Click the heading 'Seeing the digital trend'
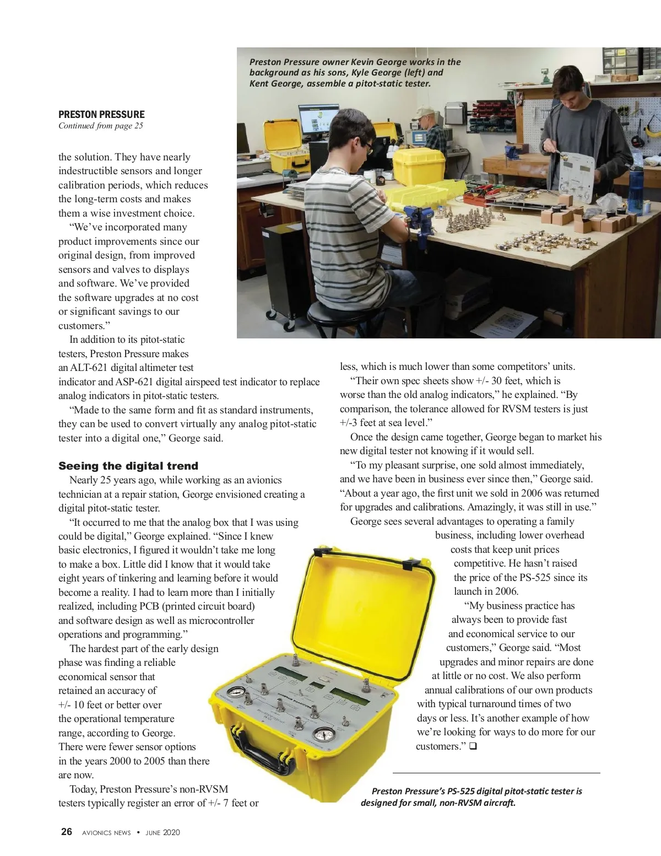(x=128, y=466)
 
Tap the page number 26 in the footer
(x=66, y=832)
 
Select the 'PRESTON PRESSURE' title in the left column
(x=101, y=115)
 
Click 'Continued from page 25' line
(x=100, y=126)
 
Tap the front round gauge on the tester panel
(x=323, y=735)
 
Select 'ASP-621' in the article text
(x=134, y=382)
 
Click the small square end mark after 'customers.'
(x=473, y=746)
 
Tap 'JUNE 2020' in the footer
(x=162, y=832)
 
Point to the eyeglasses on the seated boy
(x=367, y=148)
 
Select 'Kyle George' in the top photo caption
(x=376, y=73)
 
